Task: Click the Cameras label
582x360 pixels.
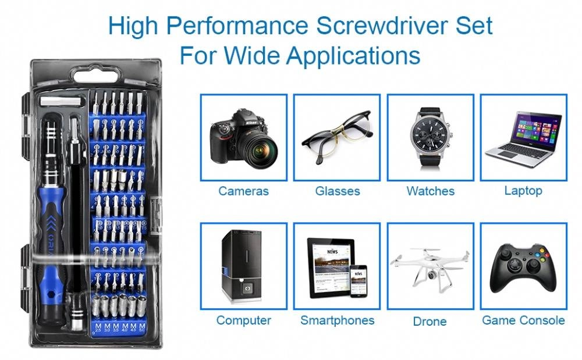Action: click(x=243, y=191)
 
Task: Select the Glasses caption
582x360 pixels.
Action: click(x=338, y=191)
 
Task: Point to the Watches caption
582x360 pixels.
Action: click(x=431, y=191)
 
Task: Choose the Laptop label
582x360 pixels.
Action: click(x=523, y=190)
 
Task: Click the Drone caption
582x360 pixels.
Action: click(x=430, y=321)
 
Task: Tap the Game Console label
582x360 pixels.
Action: click(x=523, y=320)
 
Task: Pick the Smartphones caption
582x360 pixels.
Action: click(x=338, y=320)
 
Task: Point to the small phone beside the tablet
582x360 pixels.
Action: click(x=359, y=281)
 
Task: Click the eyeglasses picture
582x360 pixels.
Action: click(x=336, y=138)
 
